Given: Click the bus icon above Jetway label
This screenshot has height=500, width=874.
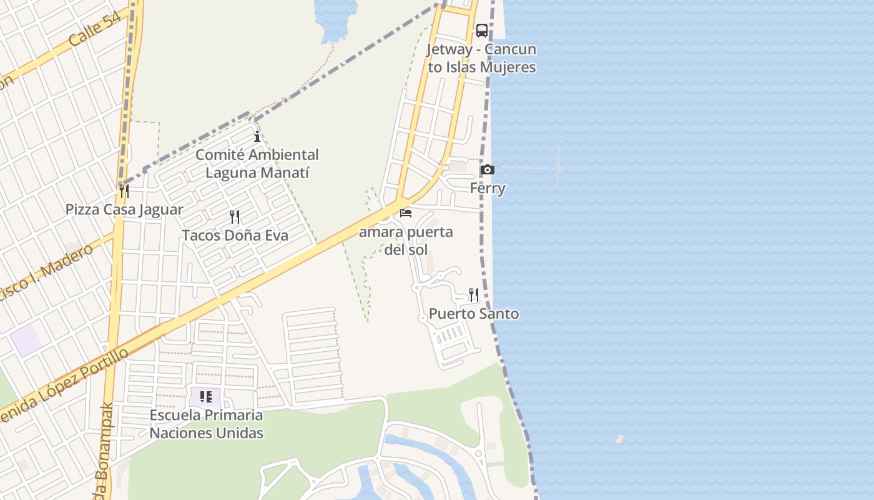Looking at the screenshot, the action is (x=481, y=30).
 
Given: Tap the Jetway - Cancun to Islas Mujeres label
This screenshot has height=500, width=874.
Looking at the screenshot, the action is (x=481, y=58).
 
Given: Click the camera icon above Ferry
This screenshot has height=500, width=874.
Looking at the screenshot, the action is (x=488, y=169).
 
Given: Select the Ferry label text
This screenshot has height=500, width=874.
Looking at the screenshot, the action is (x=488, y=188).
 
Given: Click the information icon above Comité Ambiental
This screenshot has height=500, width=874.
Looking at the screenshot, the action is (x=257, y=137).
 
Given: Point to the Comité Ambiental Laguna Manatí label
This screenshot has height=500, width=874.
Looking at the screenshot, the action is (x=257, y=163).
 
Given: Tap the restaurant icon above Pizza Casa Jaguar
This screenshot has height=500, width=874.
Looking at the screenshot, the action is (x=124, y=191).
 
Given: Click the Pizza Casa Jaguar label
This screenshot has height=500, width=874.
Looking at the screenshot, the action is (x=124, y=209).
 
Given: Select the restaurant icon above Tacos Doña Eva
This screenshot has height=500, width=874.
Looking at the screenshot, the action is (x=235, y=217).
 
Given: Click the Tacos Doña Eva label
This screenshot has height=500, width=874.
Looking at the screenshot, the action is (x=235, y=236).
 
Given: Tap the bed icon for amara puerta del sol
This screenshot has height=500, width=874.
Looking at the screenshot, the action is (x=406, y=213).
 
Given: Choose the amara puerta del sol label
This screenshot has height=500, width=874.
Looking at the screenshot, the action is (x=406, y=241).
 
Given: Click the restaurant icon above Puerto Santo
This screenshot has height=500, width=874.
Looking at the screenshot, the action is (x=474, y=294).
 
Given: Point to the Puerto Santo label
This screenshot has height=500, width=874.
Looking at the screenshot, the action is (x=474, y=313).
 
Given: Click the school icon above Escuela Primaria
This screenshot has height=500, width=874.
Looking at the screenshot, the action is (x=206, y=396).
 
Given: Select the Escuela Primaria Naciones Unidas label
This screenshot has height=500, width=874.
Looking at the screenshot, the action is (x=206, y=424).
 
